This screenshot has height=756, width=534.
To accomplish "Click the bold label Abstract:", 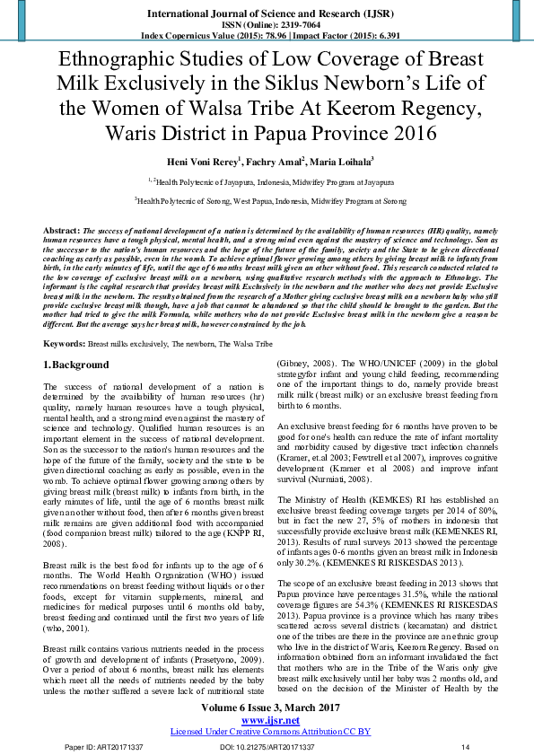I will pos(62,232).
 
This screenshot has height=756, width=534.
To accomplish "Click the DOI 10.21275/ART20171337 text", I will pos(267,747).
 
